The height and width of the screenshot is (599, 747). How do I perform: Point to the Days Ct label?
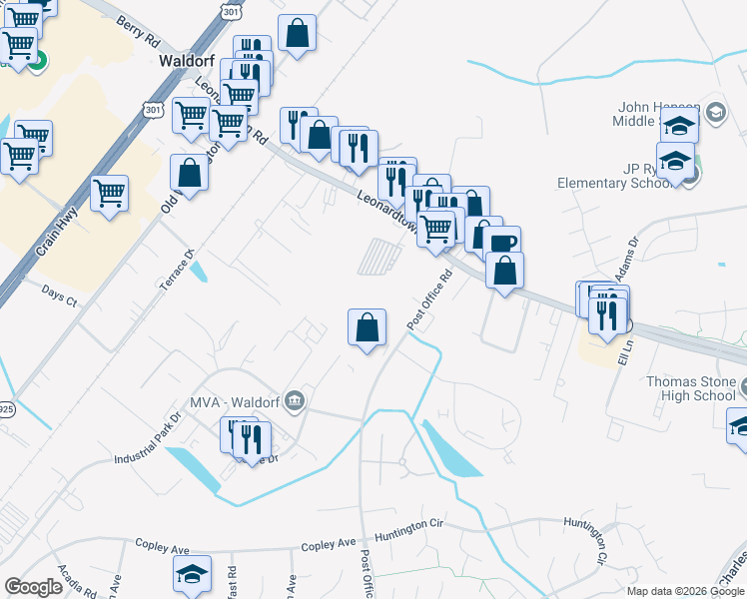(x=59, y=294)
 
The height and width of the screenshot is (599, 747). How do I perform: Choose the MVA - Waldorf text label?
(x=241, y=401)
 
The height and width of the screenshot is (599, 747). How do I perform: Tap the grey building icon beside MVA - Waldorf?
(x=294, y=401)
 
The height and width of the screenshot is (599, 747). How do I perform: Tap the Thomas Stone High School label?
(x=691, y=388)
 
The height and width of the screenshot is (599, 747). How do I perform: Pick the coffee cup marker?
(x=502, y=243)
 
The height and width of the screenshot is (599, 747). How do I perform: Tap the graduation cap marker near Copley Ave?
(x=192, y=573)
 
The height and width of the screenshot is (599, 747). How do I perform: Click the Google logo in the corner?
(x=34, y=587)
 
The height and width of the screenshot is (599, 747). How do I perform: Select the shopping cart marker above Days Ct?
(x=110, y=192)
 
